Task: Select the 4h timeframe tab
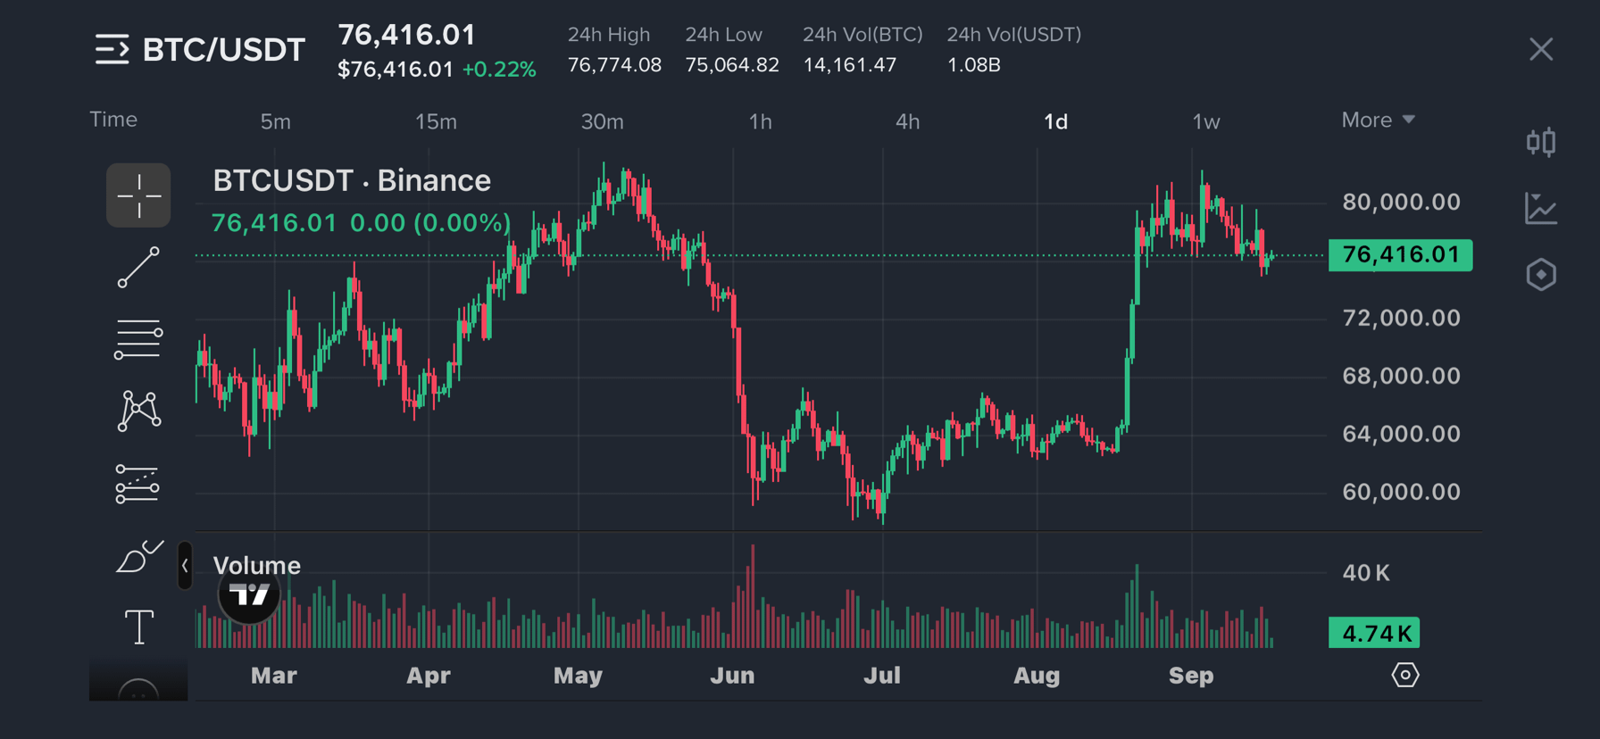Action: pos(907,121)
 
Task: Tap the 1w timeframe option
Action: pos(1206,121)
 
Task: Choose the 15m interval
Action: pos(436,121)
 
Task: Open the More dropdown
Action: pos(1378,120)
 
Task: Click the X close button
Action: pos(1541,49)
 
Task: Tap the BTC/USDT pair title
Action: pos(224,50)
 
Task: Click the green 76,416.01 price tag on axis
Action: pos(1400,254)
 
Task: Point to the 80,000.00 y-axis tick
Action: pos(1401,202)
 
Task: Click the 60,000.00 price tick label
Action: pos(1401,492)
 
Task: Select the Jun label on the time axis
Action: pos(732,676)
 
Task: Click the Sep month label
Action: pos(1191,676)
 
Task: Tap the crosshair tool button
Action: pos(138,195)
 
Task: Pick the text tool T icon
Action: pos(138,627)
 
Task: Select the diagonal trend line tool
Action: pos(138,268)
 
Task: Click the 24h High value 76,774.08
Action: pos(614,65)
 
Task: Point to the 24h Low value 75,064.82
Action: pos(732,65)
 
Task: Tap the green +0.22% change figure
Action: pos(499,70)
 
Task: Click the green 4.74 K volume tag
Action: pos(1374,633)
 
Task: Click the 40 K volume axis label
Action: pos(1366,573)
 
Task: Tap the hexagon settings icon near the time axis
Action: pos(1404,675)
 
